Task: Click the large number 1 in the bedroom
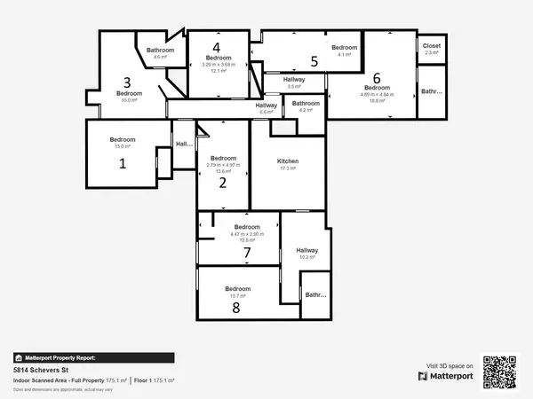(123, 163)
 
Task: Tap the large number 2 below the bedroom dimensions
(223, 183)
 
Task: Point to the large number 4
(216, 47)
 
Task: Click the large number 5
(314, 61)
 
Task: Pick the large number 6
(377, 77)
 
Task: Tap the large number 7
(248, 253)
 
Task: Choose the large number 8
(236, 308)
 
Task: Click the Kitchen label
(288, 160)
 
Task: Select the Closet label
(432, 45)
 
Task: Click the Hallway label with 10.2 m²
(307, 250)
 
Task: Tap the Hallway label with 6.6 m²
(266, 106)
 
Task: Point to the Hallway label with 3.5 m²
(294, 80)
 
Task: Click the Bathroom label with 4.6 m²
(161, 50)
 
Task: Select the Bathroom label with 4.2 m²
(306, 103)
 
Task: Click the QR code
(499, 372)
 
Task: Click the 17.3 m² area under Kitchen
(288, 168)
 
